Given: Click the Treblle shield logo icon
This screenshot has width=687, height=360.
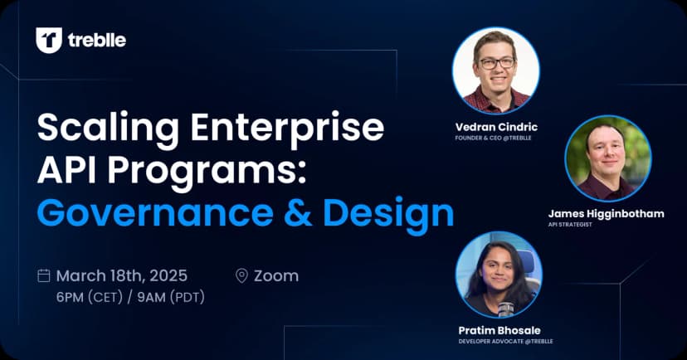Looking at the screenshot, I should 49,40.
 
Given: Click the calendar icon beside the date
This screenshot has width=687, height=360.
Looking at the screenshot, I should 45,276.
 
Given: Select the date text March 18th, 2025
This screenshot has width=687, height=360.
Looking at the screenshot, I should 121,276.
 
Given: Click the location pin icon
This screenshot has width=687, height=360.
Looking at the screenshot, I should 242,276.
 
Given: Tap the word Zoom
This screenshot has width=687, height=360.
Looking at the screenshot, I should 277,276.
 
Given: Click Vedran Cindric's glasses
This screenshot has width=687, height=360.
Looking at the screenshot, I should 495,63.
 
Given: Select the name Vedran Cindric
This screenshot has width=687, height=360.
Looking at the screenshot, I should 495,126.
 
